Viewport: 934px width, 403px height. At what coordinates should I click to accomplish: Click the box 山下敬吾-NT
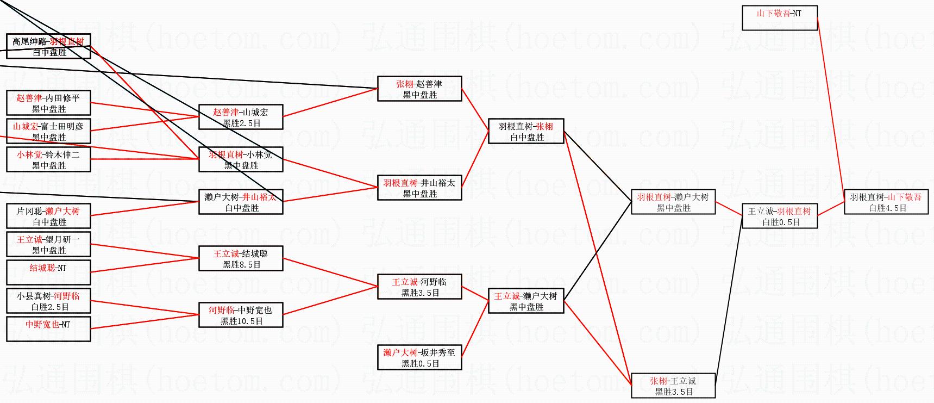tap(779, 17)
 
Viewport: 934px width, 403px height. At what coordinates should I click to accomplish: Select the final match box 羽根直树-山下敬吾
tap(886, 202)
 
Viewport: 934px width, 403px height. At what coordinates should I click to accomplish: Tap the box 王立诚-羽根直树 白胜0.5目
tap(779, 216)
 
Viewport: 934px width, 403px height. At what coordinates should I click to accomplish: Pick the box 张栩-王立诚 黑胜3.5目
tap(673, 386)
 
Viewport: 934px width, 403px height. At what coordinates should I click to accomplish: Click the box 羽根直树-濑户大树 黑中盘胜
tap(673, 202)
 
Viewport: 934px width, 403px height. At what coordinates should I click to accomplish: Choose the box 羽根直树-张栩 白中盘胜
tap(526, 131)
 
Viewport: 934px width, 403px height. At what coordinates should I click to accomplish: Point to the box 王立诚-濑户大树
tap(526, 301)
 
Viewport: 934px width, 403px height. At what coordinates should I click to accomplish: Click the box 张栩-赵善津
tap(419, 89)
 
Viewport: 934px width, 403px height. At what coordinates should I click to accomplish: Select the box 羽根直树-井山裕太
tap(419, 188)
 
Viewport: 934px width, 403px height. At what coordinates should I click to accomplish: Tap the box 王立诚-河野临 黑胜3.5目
tap(419, 287)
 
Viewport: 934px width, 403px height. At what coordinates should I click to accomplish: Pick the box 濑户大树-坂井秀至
tap(419, 357)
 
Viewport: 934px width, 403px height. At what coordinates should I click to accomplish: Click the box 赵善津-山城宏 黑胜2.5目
tap(241, 117)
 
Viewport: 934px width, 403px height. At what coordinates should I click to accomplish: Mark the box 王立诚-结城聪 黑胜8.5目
tap(241, 258)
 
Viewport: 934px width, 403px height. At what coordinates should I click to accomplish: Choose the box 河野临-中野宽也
tap(241, 315)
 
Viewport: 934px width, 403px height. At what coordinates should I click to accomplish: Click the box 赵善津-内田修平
tap(48, 103)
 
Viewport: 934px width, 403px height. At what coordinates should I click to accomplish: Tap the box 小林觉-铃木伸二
tap(48, 159)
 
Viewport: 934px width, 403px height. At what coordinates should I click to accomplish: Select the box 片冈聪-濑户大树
tap(48, 216)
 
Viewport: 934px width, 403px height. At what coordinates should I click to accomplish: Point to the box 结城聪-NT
tap(48, 272)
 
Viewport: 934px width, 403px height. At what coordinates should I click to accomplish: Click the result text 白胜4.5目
tap(888, 208)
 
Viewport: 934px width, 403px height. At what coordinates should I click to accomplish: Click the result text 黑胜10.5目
tap(242, 321)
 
